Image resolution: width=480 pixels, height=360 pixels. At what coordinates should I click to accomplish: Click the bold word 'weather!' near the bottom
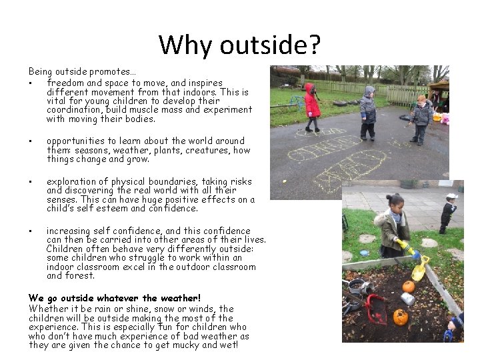(179, 297)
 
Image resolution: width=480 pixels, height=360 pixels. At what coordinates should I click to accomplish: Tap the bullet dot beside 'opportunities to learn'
(31, 141)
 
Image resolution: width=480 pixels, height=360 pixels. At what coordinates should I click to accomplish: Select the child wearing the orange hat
(421, 117)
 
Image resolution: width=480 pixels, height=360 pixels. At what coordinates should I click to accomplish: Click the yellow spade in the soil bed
(420, 269)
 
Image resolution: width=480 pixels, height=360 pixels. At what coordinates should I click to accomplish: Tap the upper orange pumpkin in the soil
(408, 286)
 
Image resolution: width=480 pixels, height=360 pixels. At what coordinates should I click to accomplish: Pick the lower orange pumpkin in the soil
(400, 317)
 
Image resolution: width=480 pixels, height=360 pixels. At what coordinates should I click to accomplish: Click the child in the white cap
(448, 212)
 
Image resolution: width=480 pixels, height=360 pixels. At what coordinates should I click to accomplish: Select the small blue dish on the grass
(364, 253)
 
